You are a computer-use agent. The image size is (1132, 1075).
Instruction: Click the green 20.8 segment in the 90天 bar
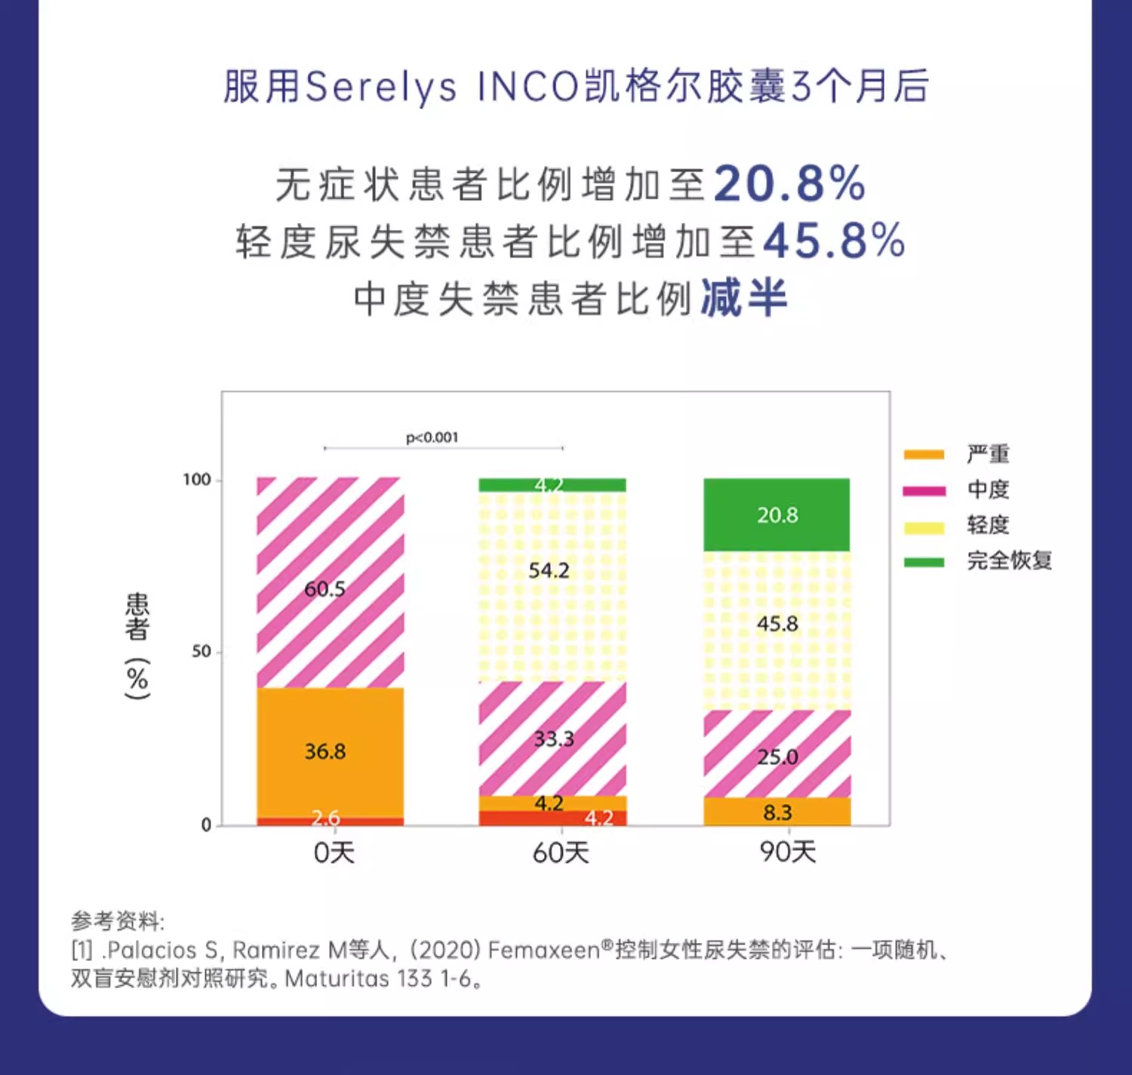click(777, 514)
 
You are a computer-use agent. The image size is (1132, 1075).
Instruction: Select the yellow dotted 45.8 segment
click(777, 630)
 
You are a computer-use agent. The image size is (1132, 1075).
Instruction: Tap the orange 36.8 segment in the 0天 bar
click(330, 751)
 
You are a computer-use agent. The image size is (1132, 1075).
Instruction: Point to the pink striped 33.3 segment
click(552, 739)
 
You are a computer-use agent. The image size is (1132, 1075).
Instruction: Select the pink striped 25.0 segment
click(777, 754)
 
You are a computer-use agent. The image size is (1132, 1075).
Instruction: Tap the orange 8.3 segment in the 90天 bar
click(777, 812)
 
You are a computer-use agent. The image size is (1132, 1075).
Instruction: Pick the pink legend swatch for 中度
click(924, 491)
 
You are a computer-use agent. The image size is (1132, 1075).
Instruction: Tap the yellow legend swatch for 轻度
click(924, 527)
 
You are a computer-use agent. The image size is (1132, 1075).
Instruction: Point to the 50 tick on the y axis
click(201, 651)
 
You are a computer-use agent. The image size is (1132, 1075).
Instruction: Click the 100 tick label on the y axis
click(196, 480)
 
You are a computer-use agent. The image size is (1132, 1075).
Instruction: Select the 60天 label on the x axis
click(561, 853)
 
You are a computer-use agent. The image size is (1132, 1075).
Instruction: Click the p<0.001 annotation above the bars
click(432, 438)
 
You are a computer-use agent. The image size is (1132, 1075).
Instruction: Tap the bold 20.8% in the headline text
click(789, 184)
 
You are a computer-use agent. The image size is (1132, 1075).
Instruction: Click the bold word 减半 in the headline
click(744, 297)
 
